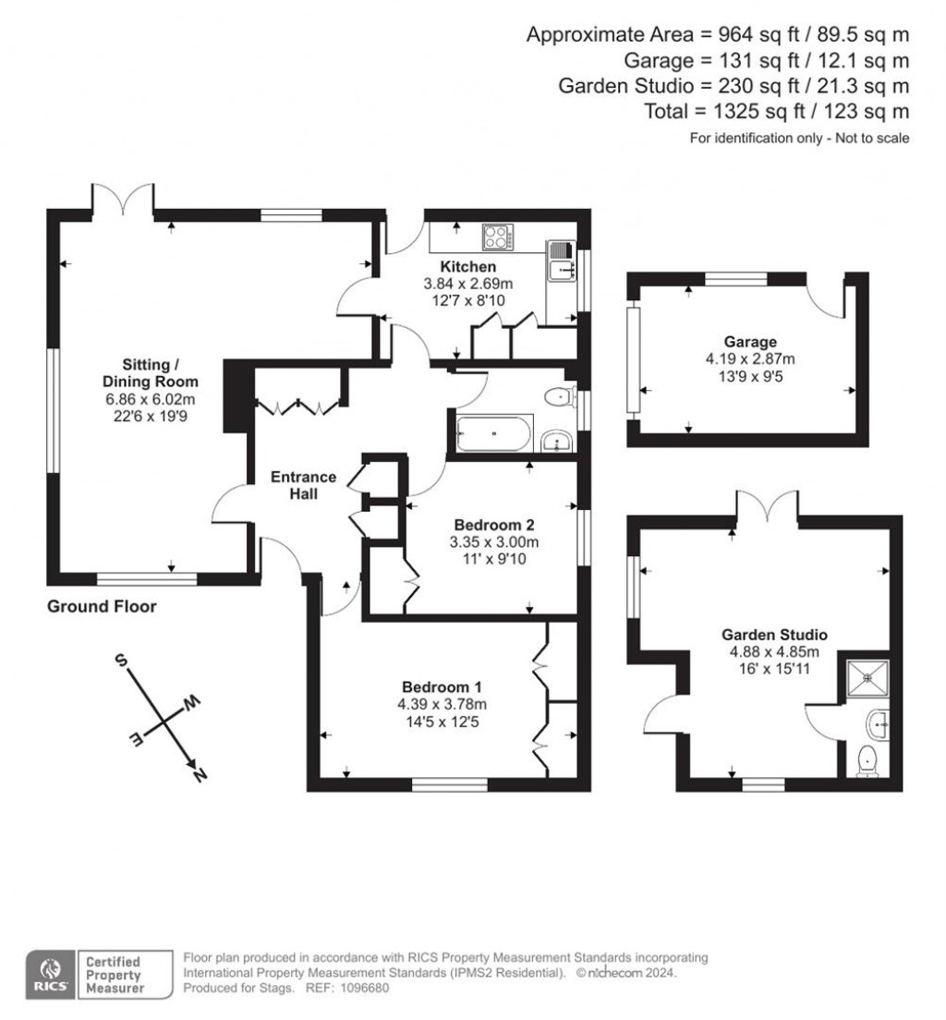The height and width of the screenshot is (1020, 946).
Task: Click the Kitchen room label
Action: click(x=467, y=267)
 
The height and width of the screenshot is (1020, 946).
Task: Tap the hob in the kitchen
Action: click(x=496, y=237)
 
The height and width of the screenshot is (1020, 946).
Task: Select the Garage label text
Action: click(x=750, y=342)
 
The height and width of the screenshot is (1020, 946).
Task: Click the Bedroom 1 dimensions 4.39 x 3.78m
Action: click(x=442, y=704)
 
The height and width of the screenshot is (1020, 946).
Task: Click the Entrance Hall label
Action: click(x=303, y=485)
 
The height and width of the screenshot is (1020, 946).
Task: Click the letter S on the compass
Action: click(x=120, y=660)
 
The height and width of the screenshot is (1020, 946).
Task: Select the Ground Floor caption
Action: click(x=102, y=607)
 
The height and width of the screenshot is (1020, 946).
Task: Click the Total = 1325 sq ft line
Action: click(x=776, y=111)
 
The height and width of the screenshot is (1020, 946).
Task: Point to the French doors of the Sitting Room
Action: click(x=123, y=199)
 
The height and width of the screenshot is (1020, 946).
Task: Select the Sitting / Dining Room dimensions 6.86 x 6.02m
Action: click(x=151, y=398)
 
